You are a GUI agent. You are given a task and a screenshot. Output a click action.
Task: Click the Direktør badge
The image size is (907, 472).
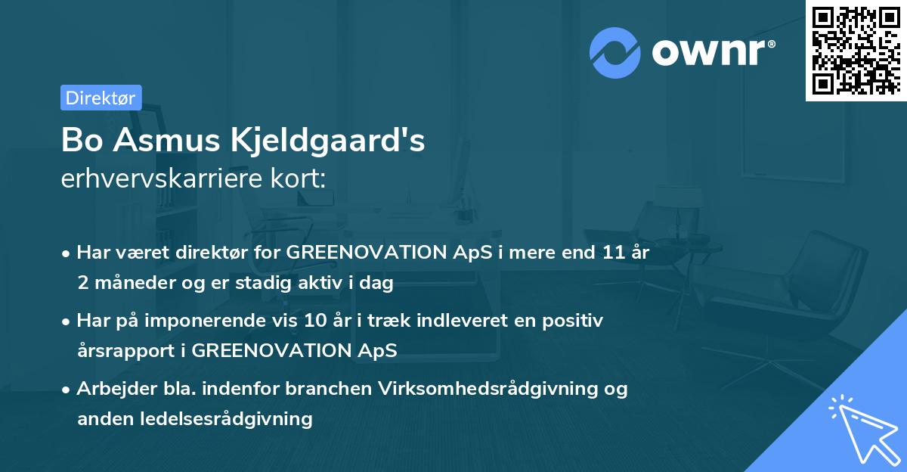point(101,98)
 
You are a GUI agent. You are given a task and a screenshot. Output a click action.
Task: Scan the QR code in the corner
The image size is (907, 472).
point(856,51)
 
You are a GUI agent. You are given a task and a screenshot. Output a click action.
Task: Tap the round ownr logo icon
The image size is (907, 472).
point(615,53)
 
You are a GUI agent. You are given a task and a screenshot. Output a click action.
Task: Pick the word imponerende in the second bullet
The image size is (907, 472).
point(231,321)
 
